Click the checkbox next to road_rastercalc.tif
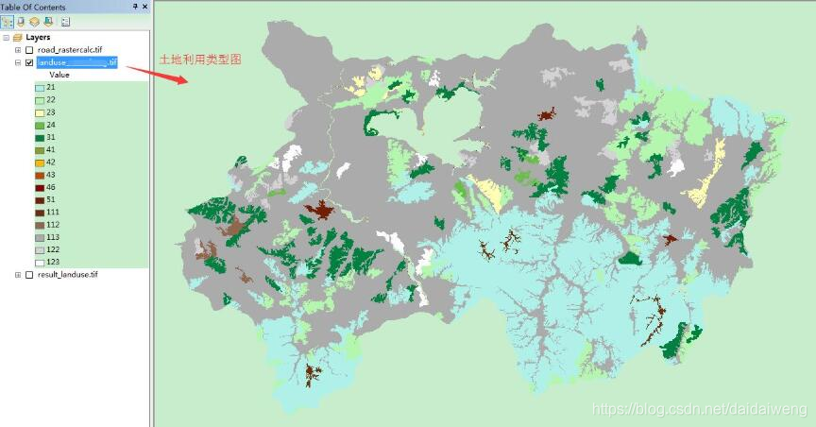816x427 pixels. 29,50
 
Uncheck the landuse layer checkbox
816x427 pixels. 29,62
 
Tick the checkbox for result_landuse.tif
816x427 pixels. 29,275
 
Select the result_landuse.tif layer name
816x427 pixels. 67,275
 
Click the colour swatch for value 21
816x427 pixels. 40,88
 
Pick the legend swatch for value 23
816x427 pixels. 40,112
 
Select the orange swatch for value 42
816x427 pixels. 40,162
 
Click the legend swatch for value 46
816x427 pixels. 40,188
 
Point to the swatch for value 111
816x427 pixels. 40,213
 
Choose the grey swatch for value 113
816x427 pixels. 40,237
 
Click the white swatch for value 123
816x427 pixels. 40,262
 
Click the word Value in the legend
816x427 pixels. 59,75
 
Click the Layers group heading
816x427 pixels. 38,38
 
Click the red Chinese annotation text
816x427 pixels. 200,59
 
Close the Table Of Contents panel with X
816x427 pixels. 144,7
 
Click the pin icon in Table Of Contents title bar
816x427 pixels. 134,7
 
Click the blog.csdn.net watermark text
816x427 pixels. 699,408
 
